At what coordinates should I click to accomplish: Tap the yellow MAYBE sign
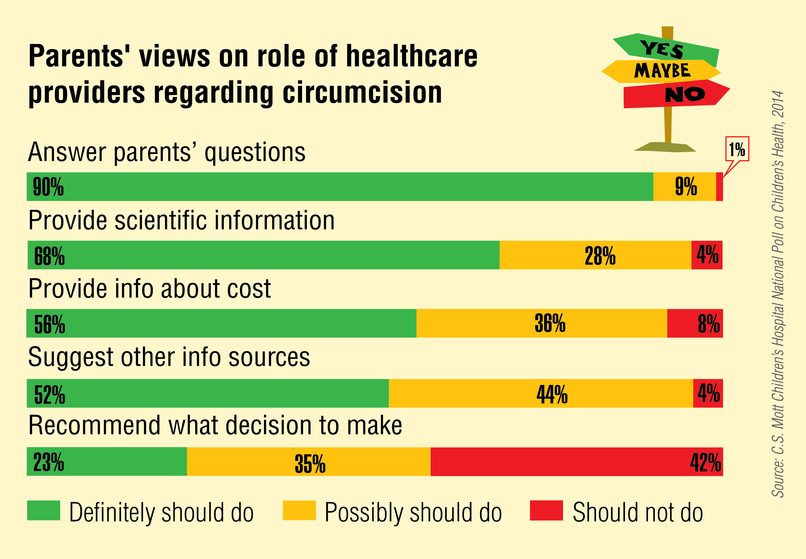tap(661, 71)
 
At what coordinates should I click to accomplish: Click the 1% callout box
tap(737, 149)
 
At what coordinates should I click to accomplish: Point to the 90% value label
tap(48, 187)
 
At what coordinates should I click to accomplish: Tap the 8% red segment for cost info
tap(695, 323)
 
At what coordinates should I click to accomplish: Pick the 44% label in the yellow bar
tap(552, 394)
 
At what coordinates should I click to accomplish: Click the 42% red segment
tap(576, 462)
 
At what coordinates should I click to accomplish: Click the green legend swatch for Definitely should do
tap(44, 510)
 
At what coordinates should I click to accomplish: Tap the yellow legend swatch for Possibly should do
tap(299, 510)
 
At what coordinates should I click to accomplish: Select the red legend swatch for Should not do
tap(546, 510)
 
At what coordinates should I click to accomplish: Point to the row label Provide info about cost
tap(150, 289)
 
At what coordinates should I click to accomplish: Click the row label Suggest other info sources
tap(169, 357)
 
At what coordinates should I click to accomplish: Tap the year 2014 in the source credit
tap(778, 104)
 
